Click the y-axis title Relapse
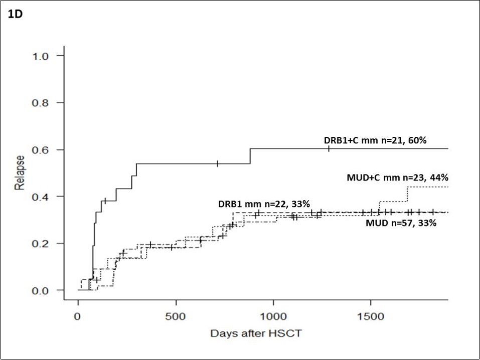coord(20,173)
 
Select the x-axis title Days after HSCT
coord(256,333)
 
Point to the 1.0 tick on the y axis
coord(43,55)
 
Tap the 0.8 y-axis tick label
coord(43,102)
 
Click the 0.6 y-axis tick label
coord(43,149)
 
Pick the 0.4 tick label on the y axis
coord(43,196)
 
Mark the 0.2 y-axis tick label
coord(43,243)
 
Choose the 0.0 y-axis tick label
coord(43,290)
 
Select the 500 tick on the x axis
coord(176,316)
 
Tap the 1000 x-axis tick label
coord(273,316)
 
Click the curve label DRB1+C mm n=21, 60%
coord(375,140)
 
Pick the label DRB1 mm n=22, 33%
coord(263,204)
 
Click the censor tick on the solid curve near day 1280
coord(329,148)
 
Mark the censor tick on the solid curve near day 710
coord(217,163)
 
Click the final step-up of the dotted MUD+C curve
coord(407,194)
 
